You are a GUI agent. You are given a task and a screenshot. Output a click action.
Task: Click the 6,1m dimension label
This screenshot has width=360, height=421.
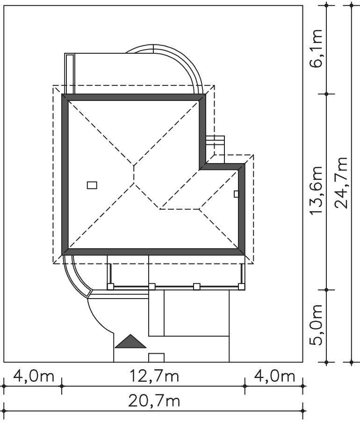[316, 48]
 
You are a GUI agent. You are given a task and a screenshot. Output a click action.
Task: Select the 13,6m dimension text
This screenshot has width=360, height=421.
[316, 190]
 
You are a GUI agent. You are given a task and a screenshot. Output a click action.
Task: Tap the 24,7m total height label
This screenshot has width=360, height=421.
[341, 183]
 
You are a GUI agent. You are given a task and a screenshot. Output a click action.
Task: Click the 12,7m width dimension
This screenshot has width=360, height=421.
[154, 376]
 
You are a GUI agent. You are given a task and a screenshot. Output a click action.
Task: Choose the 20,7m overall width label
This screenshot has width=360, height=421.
[154, 401]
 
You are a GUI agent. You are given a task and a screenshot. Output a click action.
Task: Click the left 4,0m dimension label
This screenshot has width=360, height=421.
[34, 376]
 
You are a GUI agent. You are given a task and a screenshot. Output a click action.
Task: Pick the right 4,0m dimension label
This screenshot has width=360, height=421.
[274, 376]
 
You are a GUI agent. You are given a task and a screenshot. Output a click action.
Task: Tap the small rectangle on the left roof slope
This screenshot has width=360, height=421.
[92, 185]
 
